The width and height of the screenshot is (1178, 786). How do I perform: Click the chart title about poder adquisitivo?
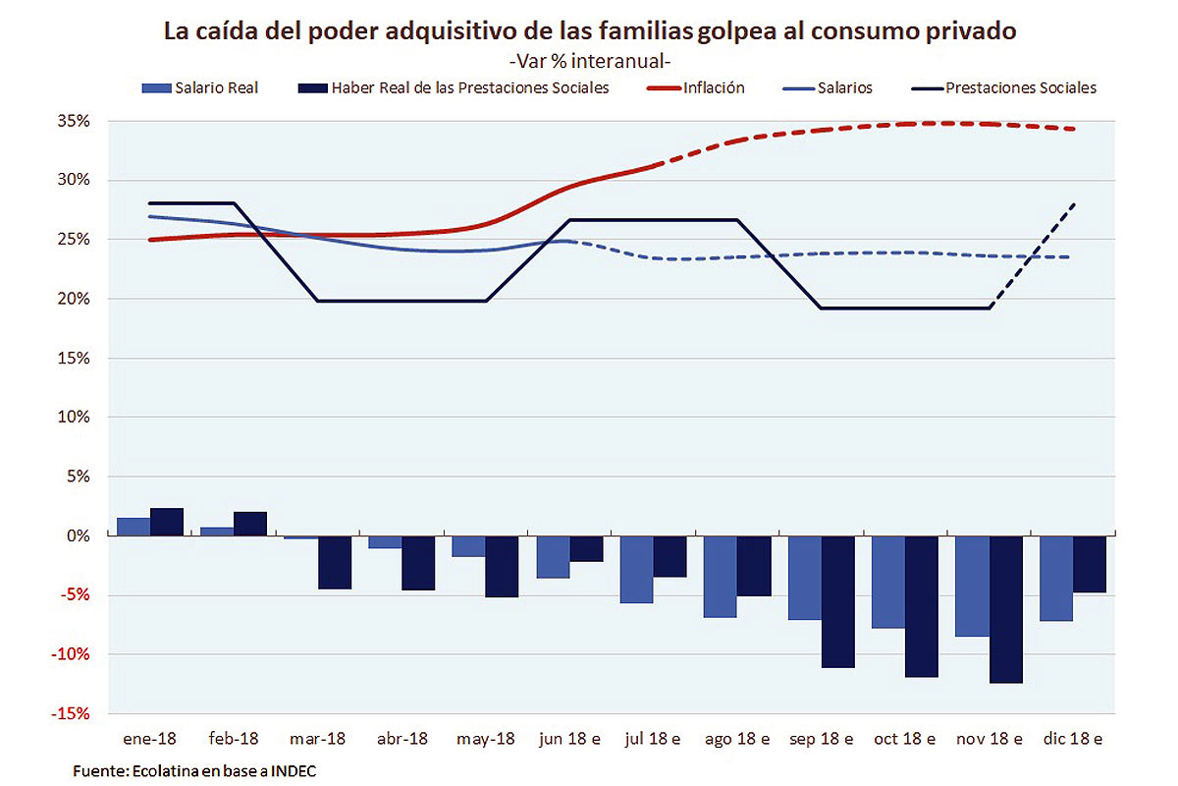pos(589,31)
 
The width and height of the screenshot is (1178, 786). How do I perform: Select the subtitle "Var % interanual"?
pos(589,61)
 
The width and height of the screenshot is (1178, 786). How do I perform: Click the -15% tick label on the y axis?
pos(71,713)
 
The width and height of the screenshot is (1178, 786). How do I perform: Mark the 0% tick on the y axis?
pos(79,535)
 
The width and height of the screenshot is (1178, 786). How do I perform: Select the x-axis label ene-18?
pos(150,738)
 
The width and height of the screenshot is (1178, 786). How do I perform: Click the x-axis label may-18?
pos(485,738)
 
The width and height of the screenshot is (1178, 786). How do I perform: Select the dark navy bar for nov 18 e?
pos(1006,609)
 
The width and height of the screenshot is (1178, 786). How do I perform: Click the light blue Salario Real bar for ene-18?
pos(134,527)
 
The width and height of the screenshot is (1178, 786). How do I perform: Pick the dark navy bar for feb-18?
pos(250,524)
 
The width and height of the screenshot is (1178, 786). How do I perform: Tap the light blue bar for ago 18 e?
pos(721,577)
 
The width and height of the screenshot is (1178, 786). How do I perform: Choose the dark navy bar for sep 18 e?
pos(838,601)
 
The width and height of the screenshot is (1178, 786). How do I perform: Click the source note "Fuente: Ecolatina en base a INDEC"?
pos(195,771)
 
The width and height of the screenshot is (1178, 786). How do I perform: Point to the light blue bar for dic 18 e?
pos(1056,579)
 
